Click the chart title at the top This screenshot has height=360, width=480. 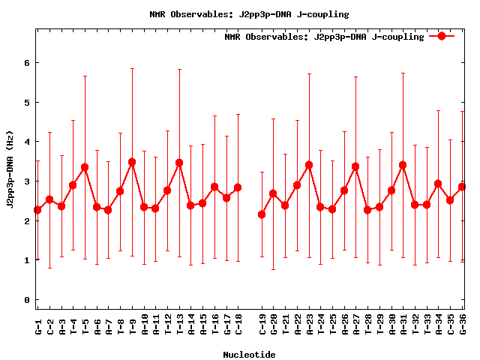(249, 14)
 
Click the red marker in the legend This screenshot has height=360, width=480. (442, 36)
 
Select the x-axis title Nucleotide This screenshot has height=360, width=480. (249, 354)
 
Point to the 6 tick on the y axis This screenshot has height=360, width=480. (27, 63)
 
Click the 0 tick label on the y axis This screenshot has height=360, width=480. (27, 300)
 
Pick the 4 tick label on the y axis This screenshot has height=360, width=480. (27, 142)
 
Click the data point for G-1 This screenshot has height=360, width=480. (37, 210)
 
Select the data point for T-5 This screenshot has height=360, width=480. (85, 167)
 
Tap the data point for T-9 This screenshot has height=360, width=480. (132, 162)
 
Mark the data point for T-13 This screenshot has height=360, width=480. (179, 163)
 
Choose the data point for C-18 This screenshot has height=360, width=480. (238, 187)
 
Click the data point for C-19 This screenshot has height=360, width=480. (262, 214)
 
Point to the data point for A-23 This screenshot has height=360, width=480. (309, 165)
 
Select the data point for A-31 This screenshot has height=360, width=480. (403, 165)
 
